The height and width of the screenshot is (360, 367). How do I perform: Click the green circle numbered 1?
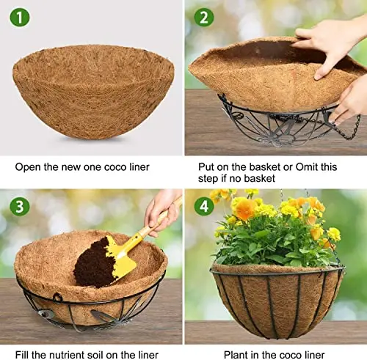coord(20,18)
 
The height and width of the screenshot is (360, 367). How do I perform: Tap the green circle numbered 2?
coord(204,18)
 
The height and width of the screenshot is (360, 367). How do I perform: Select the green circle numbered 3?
coord(20,206)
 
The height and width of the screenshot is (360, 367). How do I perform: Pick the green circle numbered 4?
coord(204,206)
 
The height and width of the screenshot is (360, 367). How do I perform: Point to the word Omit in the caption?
coord(307,167)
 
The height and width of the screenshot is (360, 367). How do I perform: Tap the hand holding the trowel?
coord(163,213)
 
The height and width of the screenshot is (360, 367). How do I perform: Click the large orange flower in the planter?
coord(245,209)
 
